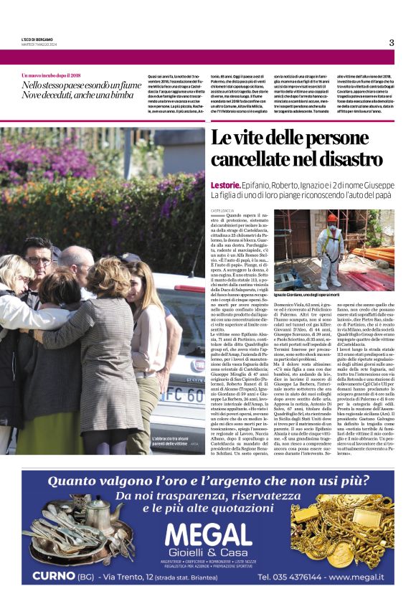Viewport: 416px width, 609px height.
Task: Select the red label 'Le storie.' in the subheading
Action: pyautogui.click(x=224, y=184)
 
